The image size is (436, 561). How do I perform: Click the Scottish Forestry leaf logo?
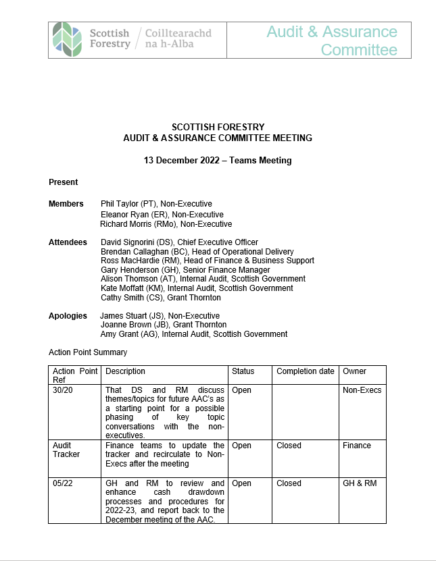pos(69,39)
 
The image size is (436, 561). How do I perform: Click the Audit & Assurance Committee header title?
pos(331,41)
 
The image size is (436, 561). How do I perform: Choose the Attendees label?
pos(68,242)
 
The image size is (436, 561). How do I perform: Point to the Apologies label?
pos(68,316)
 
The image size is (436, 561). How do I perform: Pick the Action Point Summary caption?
pos(88,352)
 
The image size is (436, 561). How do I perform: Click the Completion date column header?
pos(306,371)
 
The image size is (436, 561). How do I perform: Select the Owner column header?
pos(355,371)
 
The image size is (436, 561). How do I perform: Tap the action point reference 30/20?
pos(63,390)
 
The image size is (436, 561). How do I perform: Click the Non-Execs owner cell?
pos(362,390)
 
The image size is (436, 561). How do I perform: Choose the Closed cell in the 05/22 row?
pos(289,483)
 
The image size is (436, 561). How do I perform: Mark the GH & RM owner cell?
pos(360,483)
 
